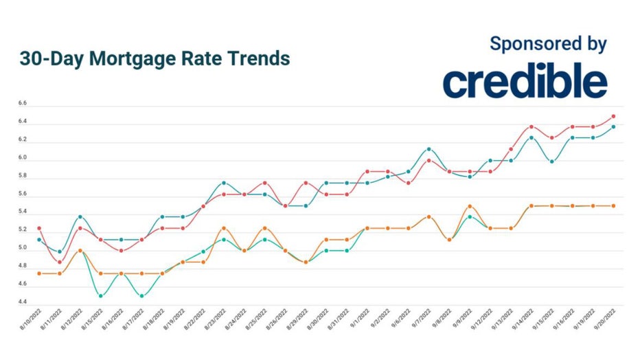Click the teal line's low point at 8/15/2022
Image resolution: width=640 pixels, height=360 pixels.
(101, 296)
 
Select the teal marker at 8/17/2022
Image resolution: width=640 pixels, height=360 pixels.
(141, 296)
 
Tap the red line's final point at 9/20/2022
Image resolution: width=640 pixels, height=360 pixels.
(613, 117)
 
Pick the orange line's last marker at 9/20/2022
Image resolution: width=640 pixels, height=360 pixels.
(613, 206)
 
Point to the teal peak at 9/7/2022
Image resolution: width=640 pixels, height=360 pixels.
(428, 149)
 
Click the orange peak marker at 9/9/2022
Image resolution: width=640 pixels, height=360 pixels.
(470, 206)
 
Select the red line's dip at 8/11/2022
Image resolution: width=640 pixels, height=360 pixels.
(60, 262)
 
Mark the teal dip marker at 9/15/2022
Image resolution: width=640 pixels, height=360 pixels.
(551, 161)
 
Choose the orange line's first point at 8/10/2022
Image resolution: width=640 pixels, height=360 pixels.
(39, 273)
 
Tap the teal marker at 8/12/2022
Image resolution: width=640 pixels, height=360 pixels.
(80, 217)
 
